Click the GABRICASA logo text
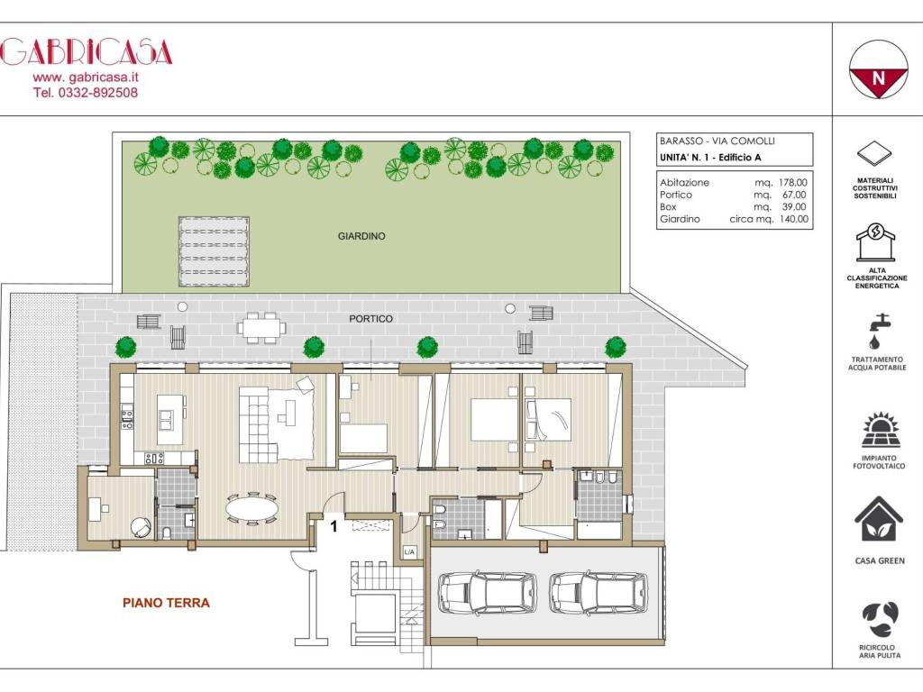tap(87, 53)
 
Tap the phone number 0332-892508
tap(100, 92)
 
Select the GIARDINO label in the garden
tap(361, 236)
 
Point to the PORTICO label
tap(370, 319)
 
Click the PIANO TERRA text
tap(166, 603)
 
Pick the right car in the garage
tap(599, 593)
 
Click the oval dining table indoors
tap(252, 508)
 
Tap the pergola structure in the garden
tap(214, 250)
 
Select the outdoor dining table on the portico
tap(260, 327)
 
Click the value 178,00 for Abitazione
tap(793, 183)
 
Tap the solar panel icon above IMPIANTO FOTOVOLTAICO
tap(879, 432)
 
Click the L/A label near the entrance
tap(409, 551)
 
